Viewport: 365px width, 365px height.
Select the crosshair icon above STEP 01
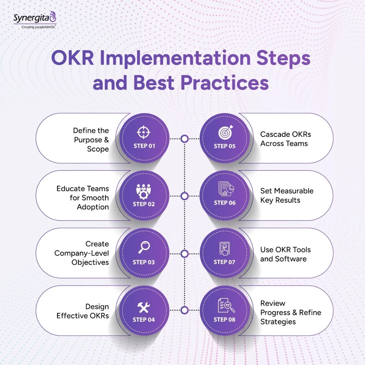tap(144, 133)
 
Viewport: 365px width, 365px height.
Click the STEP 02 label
tap(144, 204)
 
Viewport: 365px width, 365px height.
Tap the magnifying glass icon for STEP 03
tap(144, 247)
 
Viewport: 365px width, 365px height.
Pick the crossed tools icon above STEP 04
tap(144, 307)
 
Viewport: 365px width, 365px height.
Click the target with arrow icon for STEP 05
tap(225, 133)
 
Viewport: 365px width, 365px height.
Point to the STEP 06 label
tap(225, 203)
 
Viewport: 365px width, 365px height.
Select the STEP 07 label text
tap(225, 262)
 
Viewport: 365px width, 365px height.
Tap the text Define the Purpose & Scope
tap(91, 140)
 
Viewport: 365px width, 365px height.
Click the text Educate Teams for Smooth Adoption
tap(83, 198)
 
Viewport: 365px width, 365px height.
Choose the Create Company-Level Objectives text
tap(82, 253)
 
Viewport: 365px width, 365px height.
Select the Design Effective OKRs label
tap(83, 311)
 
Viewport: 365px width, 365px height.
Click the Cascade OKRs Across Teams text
tap(286, 139)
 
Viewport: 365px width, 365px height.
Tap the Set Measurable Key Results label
tap(287, 195)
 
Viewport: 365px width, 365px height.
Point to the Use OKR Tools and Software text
tap(285, 254)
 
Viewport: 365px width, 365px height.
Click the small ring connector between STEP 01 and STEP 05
tap(184, 139)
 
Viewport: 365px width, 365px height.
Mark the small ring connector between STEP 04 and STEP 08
tap(184, 310)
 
